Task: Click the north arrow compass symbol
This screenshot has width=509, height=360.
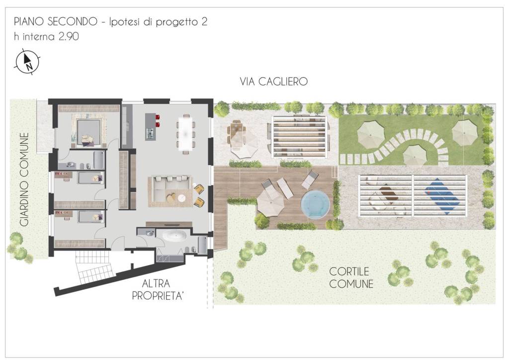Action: pos(28,62)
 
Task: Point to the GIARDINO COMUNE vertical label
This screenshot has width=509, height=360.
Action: pos(24,180)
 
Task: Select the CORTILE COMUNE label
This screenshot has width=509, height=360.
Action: pos(351,278)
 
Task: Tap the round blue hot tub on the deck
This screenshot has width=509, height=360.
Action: pos(315,203)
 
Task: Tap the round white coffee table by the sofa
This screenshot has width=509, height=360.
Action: pos(182,198)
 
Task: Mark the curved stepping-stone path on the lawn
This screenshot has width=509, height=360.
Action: pos(408,144)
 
